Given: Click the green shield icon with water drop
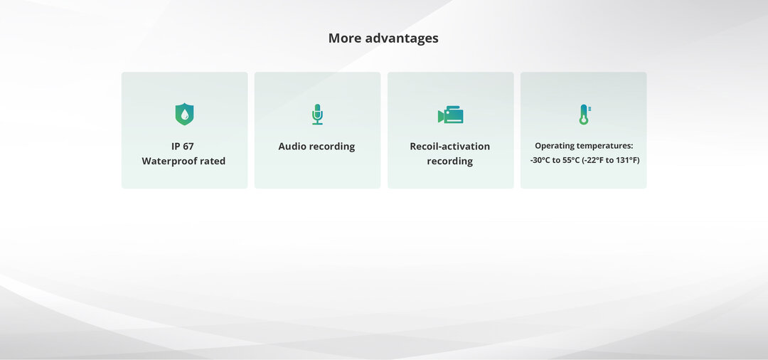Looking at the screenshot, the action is pyautogui.click(x=184, y=114).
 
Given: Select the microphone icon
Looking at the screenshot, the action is pyautogui.click(x=317, y=114).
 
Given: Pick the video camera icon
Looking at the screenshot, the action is pyautogui.click(x=451, y=115).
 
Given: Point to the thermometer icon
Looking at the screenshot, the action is pyautogui.click(x=585, y=115).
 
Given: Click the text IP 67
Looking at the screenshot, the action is pyautogui.click(x=183, y=147).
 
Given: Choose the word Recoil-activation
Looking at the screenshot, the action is pyautogui.click(x=449, y=147).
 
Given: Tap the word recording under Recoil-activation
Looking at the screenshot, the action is pyautogui.click(x=449, y=162).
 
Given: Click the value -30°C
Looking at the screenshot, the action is pyautogui.click(x=540, y=160).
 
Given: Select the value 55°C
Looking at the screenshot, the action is pyautogui.click(x=570, y=160).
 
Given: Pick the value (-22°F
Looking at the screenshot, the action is pyautogui.click(x=592, y=160).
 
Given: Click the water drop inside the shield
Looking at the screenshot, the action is pyautogui.click(x=184, y=115).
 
